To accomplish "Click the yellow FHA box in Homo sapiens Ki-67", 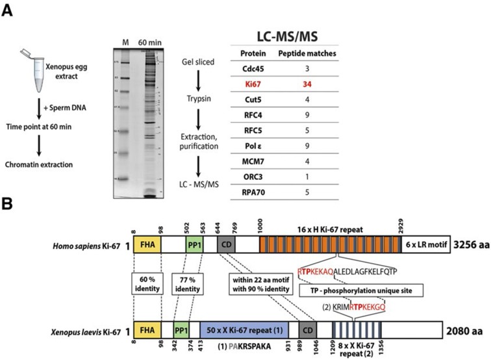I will pos(147,246).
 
